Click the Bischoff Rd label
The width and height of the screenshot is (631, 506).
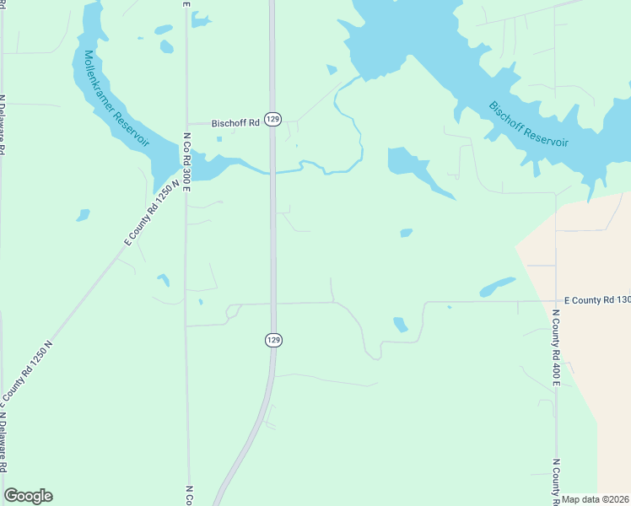[x=235, y=122]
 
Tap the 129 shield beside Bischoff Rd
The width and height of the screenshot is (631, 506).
[x=272, y=120]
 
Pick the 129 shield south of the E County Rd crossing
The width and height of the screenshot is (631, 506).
[x=272, y=339]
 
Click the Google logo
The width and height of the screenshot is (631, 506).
[x=29, y=496]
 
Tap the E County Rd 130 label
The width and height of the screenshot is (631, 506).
[x=597, y=300]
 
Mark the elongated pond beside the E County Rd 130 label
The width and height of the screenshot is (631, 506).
[x=498, y=287]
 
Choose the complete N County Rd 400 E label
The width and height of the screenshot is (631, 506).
[x=557, y=347]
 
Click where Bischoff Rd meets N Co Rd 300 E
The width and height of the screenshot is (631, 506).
[x=186, y=123]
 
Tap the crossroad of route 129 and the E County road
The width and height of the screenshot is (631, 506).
[x=272, y=302]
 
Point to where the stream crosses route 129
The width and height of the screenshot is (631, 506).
[x=272, y=173]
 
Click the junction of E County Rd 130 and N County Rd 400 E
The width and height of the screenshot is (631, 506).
[x=555, y=300]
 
